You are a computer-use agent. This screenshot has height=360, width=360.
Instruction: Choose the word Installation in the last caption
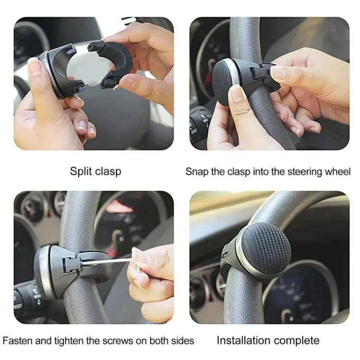[245, 341]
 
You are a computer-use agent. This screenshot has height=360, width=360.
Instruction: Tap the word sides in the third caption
[183, 341]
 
